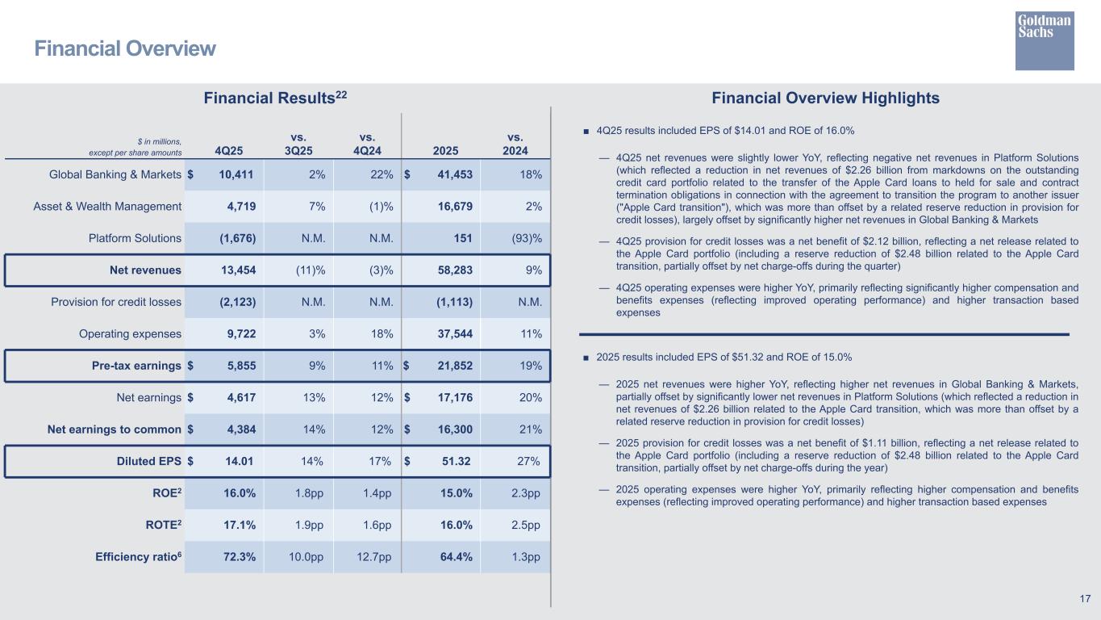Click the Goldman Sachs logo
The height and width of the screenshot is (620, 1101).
point(1045,40)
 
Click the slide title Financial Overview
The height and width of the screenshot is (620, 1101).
point(125,49)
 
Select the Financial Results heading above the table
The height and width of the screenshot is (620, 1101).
point(275,98)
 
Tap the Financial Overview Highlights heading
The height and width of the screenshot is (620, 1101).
point(825,98)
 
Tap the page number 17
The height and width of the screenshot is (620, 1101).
point(1085,598)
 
